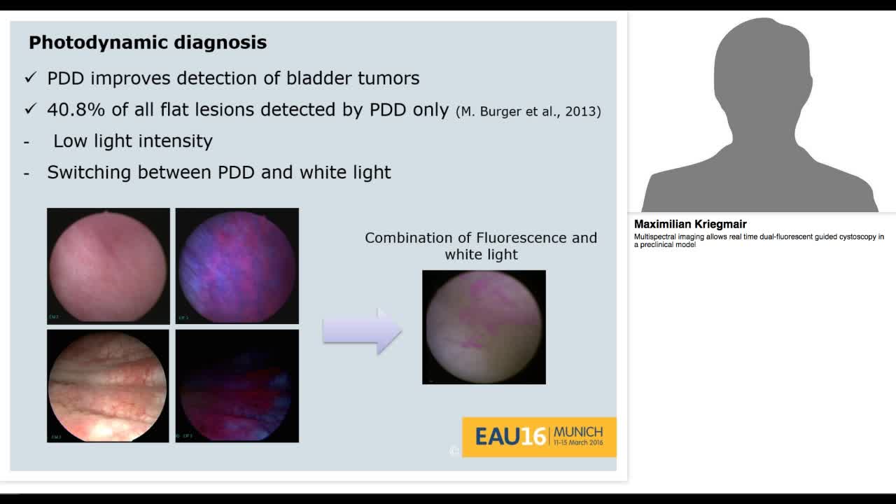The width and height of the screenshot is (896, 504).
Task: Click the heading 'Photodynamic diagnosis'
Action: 148,43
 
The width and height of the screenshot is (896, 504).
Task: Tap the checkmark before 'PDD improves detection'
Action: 30,78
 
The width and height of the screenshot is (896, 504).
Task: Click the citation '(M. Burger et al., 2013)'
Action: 528,111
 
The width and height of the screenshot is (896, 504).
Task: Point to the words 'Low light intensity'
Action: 133,141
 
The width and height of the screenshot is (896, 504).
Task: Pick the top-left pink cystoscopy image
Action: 108,266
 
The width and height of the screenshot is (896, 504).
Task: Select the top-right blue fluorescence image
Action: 237,266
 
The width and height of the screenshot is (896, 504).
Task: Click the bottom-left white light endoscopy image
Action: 108,386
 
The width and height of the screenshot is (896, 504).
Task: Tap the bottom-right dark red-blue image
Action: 237,386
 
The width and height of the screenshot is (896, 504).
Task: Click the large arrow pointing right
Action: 362,331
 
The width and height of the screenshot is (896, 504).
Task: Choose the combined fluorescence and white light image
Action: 484,327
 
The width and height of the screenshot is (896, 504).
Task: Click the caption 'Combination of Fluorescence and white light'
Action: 481,246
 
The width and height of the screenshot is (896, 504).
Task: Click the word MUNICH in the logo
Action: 577,432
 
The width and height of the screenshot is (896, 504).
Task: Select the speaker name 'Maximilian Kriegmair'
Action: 690,224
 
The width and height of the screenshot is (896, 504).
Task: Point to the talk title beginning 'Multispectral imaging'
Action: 759,241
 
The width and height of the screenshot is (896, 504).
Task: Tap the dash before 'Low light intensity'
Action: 27,141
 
